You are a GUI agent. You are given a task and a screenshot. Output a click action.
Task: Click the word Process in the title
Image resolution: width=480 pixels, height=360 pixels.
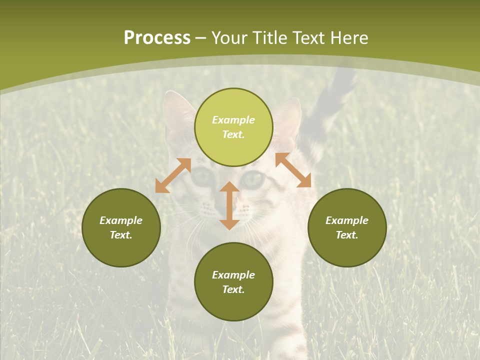pos(157,38)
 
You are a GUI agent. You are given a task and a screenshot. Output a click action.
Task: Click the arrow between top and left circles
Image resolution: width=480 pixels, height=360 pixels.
pos(173,175)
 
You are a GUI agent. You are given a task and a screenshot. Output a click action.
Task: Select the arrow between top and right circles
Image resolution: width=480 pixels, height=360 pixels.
pos(293,170)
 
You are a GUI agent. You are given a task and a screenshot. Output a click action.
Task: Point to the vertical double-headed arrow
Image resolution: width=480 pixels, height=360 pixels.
pos(229,205)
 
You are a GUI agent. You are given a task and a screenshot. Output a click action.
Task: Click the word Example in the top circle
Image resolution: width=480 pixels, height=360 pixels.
pos(233,120)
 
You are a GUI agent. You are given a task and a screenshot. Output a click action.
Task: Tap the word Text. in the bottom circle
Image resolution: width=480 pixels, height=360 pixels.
pos(233,289)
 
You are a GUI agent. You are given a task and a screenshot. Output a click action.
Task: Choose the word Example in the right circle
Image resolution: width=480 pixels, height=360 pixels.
pos(347,220)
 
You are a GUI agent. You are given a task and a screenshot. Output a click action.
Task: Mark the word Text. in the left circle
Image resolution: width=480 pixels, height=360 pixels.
pos(121,235)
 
